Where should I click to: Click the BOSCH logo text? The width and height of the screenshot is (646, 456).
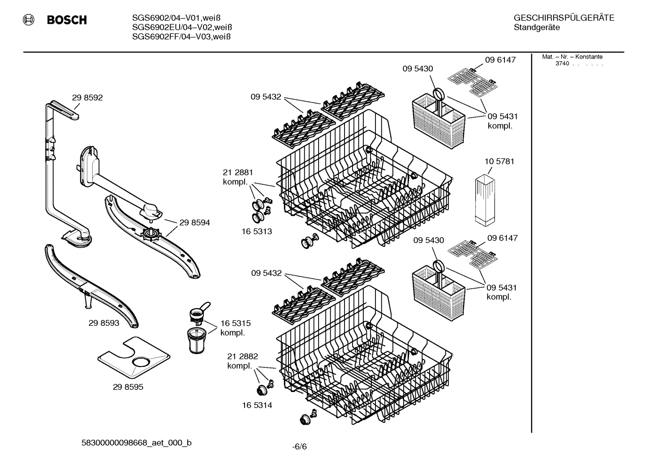click(66, 20)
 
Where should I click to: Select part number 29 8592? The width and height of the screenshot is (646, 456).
click(87, 98)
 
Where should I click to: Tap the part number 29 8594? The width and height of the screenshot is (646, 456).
click(194, 222)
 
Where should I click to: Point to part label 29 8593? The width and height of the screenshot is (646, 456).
click(104, 323)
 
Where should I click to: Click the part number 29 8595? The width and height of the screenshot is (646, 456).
click(128, 387)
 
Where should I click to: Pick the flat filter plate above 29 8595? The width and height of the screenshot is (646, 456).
click(134, 357)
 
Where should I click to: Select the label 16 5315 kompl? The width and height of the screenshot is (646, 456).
click(235, 328)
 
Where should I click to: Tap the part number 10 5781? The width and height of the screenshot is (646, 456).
click(499, 161)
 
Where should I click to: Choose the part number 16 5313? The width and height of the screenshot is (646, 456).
click(257, 231)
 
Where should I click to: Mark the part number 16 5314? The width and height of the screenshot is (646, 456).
click(257, 405)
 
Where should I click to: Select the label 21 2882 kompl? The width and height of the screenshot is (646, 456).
click(242, 361)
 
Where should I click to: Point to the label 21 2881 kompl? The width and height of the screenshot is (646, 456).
click(238, 177)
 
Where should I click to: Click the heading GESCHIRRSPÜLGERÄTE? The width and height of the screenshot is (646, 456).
click(564, 18)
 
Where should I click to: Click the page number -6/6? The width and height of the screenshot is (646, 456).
click(300, 446)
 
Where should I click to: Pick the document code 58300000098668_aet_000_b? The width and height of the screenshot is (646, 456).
click(136, 443)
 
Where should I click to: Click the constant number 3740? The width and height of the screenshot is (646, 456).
click(562, 64)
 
